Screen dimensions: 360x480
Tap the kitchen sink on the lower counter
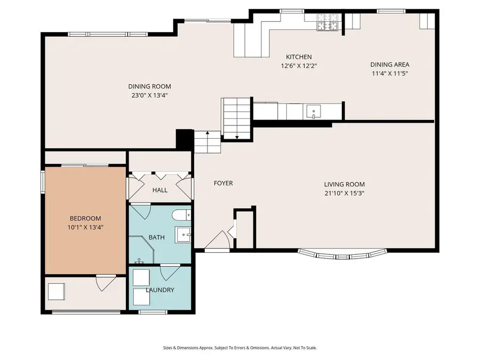[x=314, y=112]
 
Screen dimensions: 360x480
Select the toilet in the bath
[x=180, y=216]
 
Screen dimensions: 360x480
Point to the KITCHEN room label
[x=299, y=57]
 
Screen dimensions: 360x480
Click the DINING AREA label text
[x=390, y=65]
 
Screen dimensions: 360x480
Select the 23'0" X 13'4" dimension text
[x=149, y=96]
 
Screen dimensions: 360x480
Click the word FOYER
[x=223, y=183]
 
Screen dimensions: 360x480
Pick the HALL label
[x=159, y=190]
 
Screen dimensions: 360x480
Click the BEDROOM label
[x=85, y=218]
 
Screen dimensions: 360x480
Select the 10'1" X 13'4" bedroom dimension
[x=85, y=227]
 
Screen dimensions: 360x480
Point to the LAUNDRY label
[x=160, y=290]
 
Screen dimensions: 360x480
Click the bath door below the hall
[x=140, y=211]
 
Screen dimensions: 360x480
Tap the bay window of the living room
[x=341, y=255]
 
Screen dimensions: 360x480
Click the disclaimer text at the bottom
[x=240, y=348]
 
